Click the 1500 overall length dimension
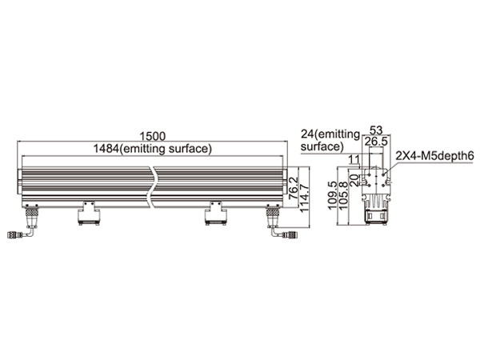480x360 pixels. (153, 136)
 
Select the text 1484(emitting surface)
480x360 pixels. (153, 149)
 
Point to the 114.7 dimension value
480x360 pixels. (304, 198)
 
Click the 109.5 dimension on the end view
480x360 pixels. (333, 195)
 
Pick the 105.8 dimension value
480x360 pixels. (343, 195)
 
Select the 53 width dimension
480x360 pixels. (376, 130)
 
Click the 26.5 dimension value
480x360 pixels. (376, 142)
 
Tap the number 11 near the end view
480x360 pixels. (354, 159)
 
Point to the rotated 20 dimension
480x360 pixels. (354, 180)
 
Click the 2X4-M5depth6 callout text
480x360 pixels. (435, 156)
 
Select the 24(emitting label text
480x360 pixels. (330, 134)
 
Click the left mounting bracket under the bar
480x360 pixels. (89, 213)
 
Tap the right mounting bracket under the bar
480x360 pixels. (215, 213)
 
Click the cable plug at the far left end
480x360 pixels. (14, 235)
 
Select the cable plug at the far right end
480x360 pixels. (290, 235)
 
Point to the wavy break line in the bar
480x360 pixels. (152, 187)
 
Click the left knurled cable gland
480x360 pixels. (31, 212)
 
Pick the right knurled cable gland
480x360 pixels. (273, 212)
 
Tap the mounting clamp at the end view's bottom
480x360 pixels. (376, 217)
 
